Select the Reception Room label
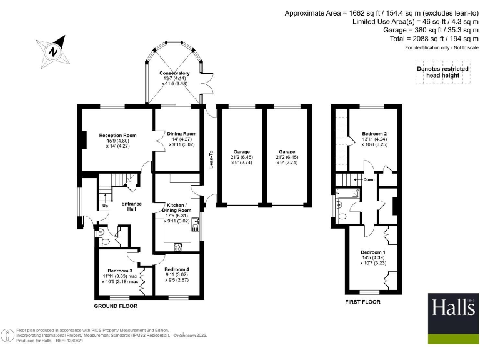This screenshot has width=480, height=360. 113,134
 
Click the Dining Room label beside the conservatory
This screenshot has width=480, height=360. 181,133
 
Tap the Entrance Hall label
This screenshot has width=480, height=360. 132,206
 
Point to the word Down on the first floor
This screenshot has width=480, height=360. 368,179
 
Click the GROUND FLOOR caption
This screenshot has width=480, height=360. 116,306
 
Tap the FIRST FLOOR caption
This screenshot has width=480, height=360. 362,301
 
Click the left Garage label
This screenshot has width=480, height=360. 242,152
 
